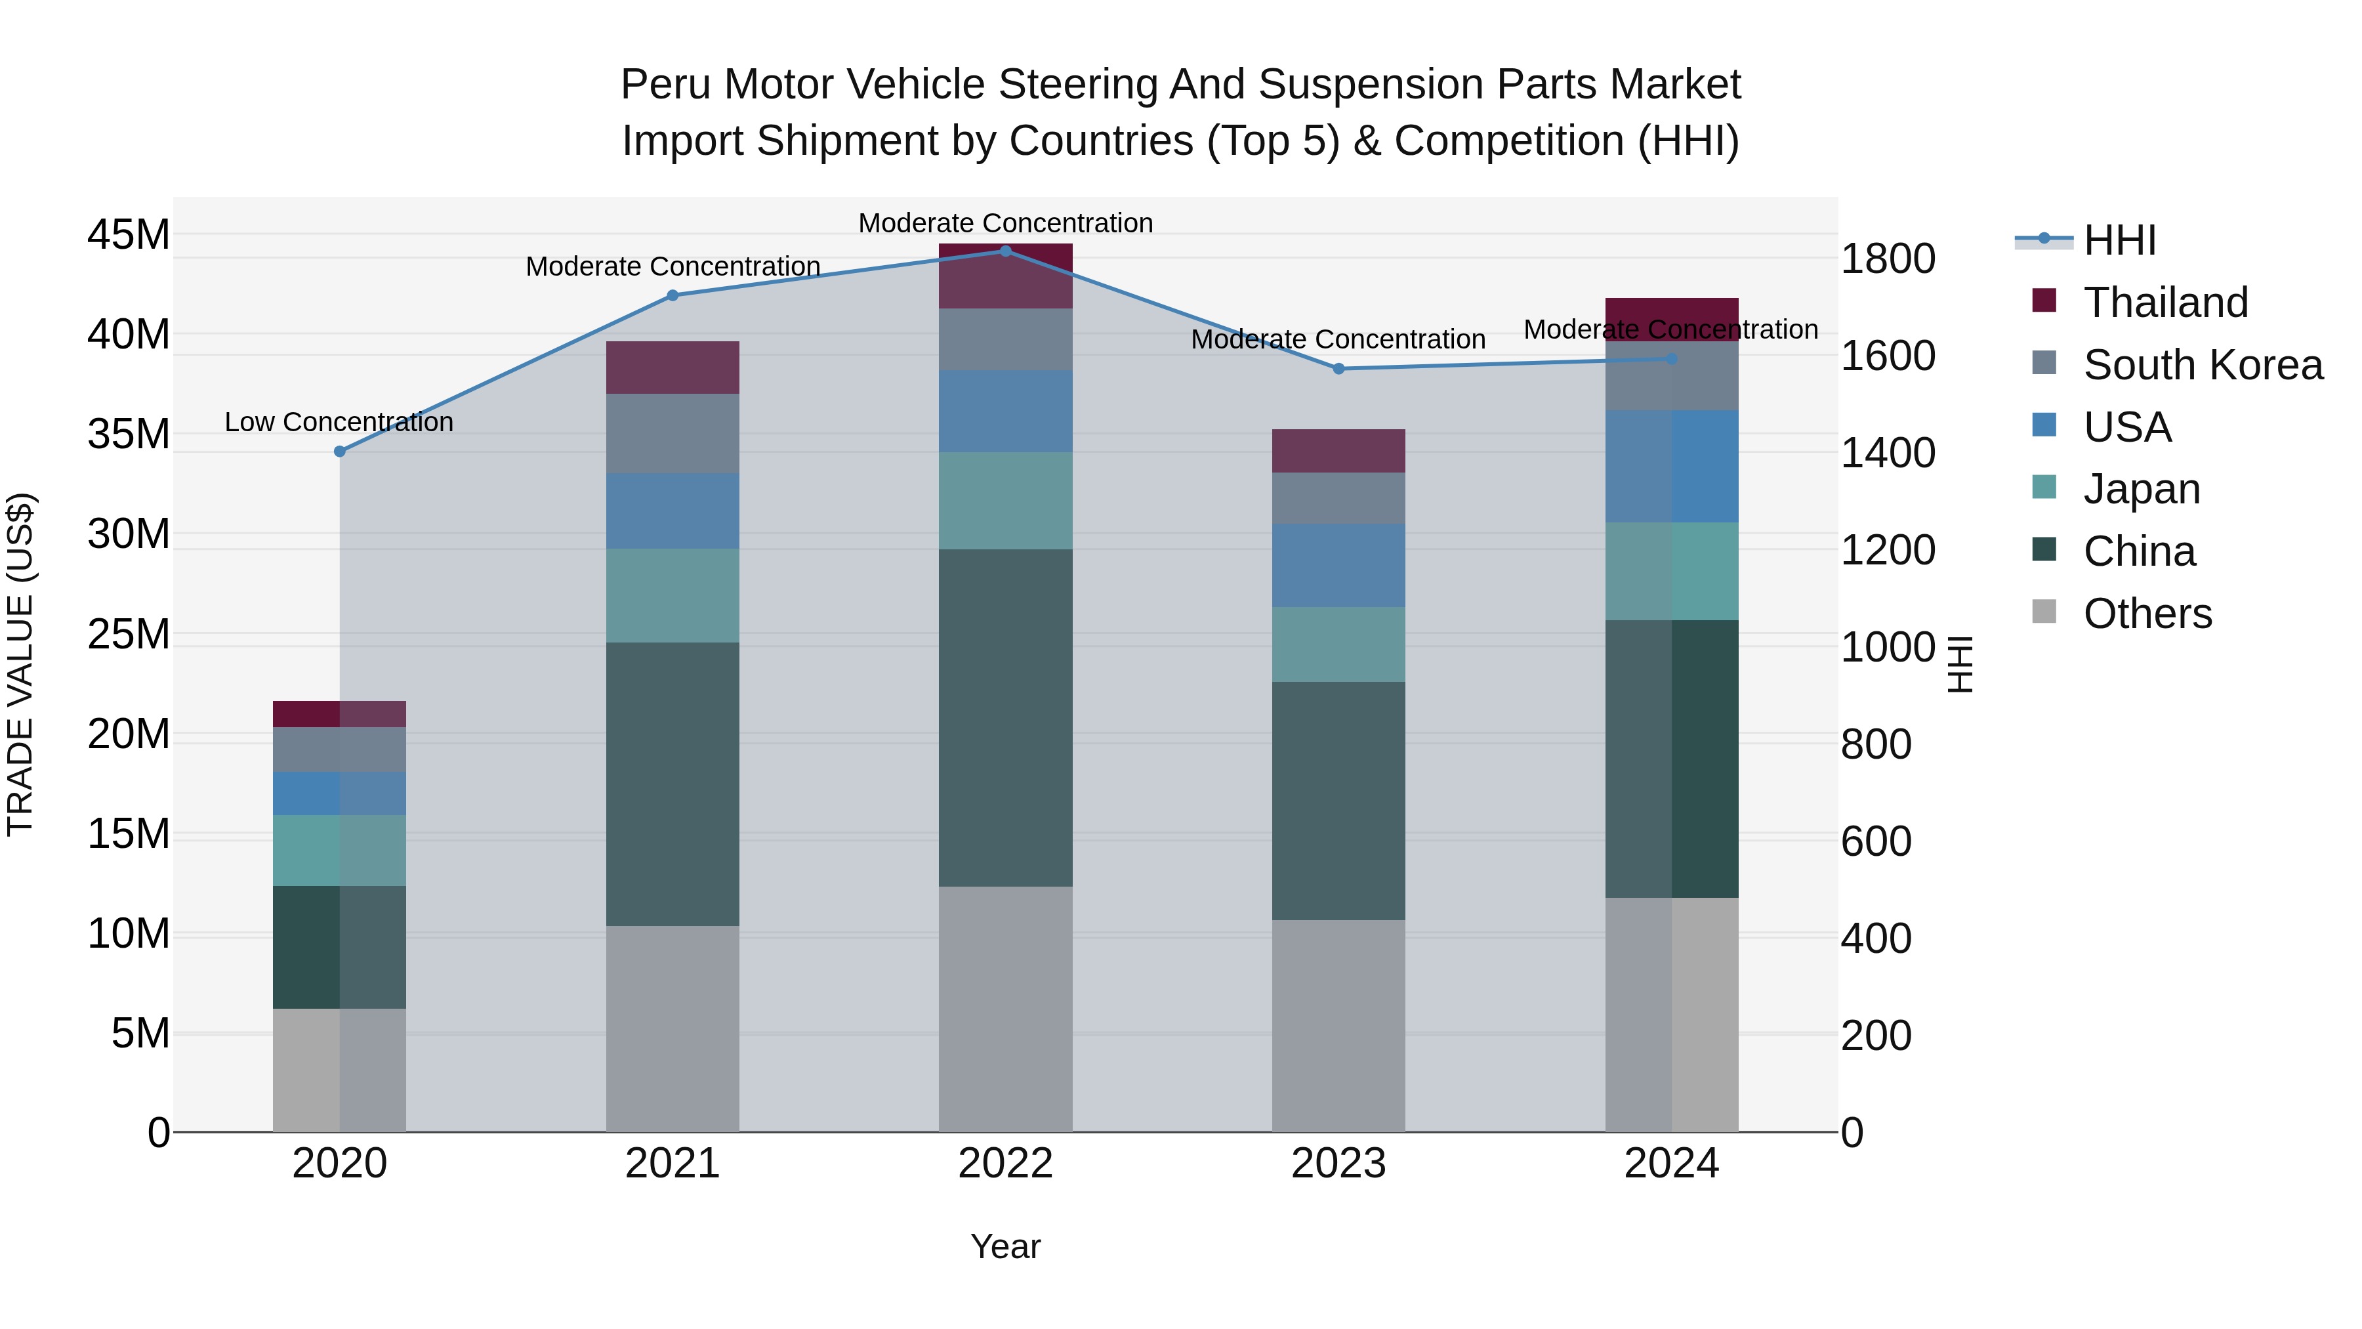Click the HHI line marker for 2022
(x=1005, y=251)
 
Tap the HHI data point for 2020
(x=339, y=452)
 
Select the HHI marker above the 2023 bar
(x=1338, y=369)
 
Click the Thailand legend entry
(x=2165, y=303)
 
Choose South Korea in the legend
(x=2203, y=365)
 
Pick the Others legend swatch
(x=2044, y=612)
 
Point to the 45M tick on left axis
(x=129, y=235)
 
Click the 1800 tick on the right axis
(x=1887, y=259)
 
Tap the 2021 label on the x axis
(x=672, y=1164)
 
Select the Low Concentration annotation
(x=339, y=422)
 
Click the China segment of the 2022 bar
(x=1005, y=717)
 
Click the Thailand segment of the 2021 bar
(x=672, y=367)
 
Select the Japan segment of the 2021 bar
(x=672, y=595)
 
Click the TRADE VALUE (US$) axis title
(x=20, y=664)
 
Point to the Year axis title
(x=1005, y=1246)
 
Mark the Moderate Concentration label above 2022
(x=1005, y=223)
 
